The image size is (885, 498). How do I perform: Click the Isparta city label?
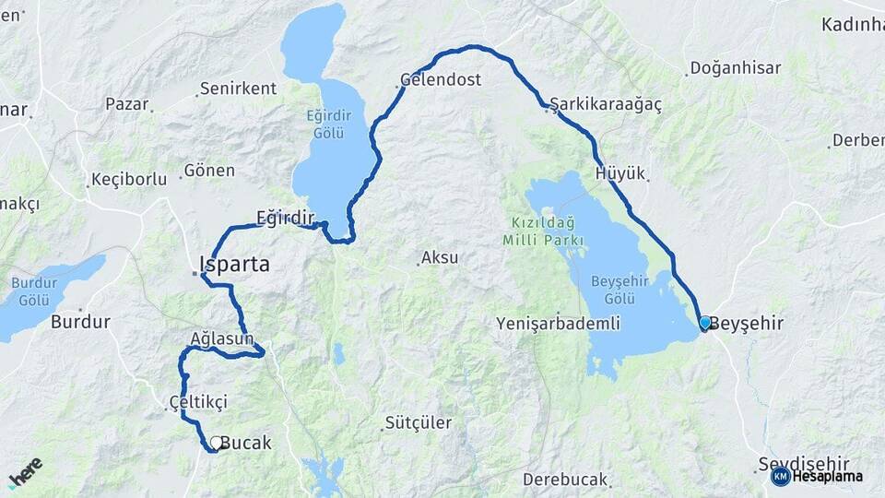[x=236, y=265]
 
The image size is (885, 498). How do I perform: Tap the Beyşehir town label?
[x=749, y=324]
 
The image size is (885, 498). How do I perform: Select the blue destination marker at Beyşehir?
[x=705, y=323]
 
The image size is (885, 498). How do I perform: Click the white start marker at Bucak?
[x=216, y=443]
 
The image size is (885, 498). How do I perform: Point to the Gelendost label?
[x=442, y=80]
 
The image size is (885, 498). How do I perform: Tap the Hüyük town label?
[x=620, y=173]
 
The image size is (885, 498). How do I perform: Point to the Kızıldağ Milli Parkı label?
[x=543, y=231]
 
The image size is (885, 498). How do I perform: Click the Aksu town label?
[x=440, y=257]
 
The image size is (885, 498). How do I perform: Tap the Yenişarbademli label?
[x=558, y=324]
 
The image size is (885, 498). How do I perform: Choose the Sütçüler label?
[x=419, y=423]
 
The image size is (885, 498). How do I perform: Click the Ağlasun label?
[x=221, y=338]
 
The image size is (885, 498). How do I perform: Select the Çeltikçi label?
[x=198, y=401]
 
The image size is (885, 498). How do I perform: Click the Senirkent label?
[x=238, y=89]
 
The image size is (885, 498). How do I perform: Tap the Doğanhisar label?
[x=736, y=68]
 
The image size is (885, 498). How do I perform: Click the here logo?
[x=26, y=472]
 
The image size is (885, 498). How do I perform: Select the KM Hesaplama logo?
[x=817, y=476]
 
